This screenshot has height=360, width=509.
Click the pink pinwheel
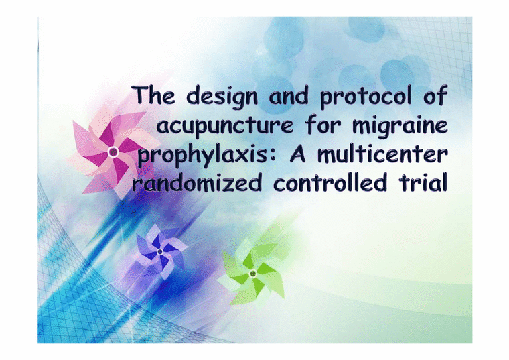pos(112,153)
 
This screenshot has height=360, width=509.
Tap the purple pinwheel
pos(160,251)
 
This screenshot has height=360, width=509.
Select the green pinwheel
pos(252,272)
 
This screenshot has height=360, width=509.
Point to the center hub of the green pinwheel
pos(252,274)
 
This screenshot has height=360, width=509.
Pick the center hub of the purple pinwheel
pos(160,251)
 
